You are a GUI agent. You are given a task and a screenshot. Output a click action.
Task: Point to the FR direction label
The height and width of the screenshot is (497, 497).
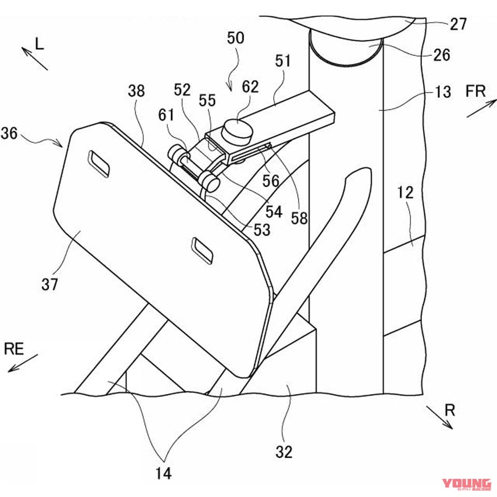point(475,92)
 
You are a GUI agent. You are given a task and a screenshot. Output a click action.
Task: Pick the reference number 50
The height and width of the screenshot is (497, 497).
point(235,38)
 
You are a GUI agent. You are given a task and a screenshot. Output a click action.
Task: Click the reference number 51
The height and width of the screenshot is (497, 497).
point(283,62)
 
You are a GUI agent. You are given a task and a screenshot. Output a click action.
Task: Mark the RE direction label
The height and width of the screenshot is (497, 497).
point(14,349)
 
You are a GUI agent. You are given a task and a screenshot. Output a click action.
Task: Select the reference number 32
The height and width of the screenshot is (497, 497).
point(284,451)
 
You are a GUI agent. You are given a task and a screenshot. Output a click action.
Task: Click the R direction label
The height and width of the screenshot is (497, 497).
point(450,411)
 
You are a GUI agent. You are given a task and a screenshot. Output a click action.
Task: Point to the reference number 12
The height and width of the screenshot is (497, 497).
point(406,193)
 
